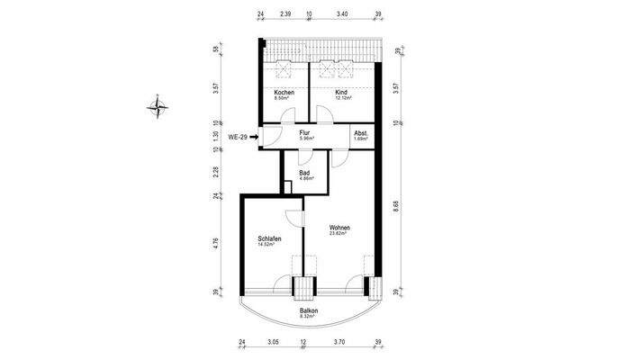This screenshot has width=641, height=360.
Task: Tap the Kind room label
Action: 341,93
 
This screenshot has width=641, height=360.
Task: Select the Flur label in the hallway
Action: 304,133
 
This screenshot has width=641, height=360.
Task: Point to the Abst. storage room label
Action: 360,133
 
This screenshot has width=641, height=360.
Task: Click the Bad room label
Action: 305,172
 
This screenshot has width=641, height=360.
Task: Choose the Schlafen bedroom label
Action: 269,238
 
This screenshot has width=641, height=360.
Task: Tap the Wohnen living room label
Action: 339,227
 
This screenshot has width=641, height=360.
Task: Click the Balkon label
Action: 309,310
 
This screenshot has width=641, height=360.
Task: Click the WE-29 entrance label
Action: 239,137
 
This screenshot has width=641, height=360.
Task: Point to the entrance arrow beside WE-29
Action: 256,137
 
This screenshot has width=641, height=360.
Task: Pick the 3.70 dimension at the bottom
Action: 339,342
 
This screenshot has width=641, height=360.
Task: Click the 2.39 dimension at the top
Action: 285,14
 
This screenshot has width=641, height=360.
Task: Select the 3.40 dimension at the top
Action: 342,14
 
